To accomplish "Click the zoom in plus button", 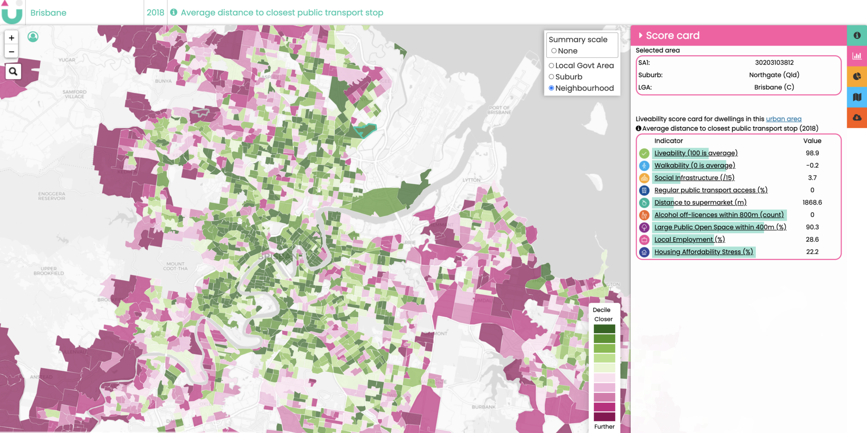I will [x=11, y=38].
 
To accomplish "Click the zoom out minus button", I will [x=11, y=52].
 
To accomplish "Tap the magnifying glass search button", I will [x=13, y=71].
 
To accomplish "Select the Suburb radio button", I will [x=551, y=77].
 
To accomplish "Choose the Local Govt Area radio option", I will [x=551, y=66].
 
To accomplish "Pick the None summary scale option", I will [x=554, y=51].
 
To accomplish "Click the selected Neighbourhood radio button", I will [x=551, y=88].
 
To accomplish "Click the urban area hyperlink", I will [x=783, y=119].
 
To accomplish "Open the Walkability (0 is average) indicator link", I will [x=694, y=165].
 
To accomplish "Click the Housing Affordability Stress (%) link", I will [x=703, y=252].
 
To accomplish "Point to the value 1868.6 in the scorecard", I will [x=812, y=203].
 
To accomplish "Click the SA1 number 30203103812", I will [x=774, y=63].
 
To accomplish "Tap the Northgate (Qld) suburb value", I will [x=774, y=75].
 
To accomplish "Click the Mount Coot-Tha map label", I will [x=175, y=266].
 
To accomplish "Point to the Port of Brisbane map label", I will [x=499, y=110].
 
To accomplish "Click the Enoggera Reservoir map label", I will [x=52, y=196].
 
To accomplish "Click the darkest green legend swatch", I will [x=604, y=329].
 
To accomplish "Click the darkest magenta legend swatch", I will [x=604, y=417].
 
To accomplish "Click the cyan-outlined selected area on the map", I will [x=364, y=131].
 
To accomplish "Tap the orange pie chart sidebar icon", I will [x=857, y=77].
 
